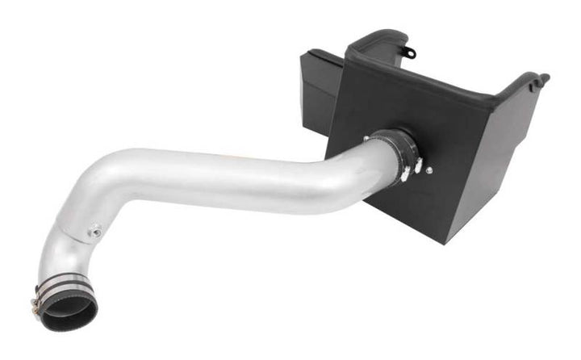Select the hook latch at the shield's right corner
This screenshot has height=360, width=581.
tap(539, 78)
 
